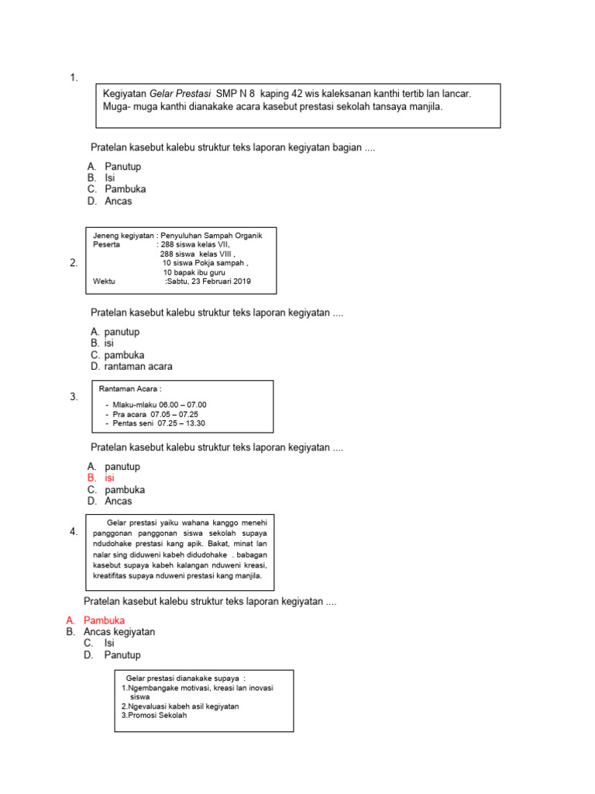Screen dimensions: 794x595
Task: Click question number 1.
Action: pos(74,78)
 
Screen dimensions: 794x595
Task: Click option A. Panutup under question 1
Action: pos(115,167)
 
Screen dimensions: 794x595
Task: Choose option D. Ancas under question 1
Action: pos(110,201)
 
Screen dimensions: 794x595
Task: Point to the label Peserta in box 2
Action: pos(107,244)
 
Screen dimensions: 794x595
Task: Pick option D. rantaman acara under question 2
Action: pos(131,366)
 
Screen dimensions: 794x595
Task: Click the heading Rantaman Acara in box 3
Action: pos(131,389)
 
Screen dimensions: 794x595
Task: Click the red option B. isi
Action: pos(101,478)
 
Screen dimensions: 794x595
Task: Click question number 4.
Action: pos(74,532)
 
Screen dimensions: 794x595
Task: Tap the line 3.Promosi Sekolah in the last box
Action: pos(154,716)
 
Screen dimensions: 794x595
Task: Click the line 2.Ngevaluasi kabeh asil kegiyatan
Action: pos(180,706)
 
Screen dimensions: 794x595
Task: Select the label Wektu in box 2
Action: pos(104,281)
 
